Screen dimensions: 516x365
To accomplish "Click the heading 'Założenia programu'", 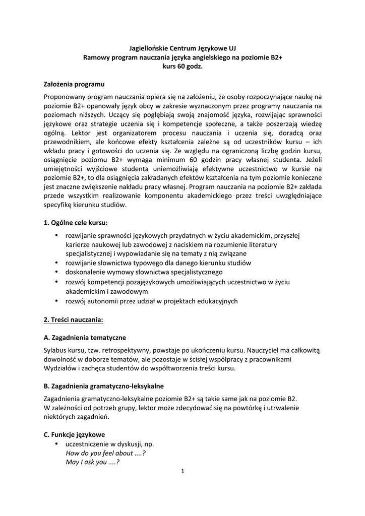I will click(74, 84).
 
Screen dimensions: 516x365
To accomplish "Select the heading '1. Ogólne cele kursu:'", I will click(76, 222).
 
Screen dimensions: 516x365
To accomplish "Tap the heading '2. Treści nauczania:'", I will click(74, 319).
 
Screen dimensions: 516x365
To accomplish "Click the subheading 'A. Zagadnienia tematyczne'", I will click(85, 337).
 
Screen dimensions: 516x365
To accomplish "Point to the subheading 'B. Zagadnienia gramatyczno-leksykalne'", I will click(103, 386).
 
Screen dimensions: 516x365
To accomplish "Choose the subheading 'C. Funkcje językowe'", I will click(75, 434).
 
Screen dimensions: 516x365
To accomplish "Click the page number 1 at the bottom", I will click(182, 472).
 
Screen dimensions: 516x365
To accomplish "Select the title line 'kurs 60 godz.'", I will click(182, 67).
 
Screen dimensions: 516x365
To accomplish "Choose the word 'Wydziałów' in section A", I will click(60, 368).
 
